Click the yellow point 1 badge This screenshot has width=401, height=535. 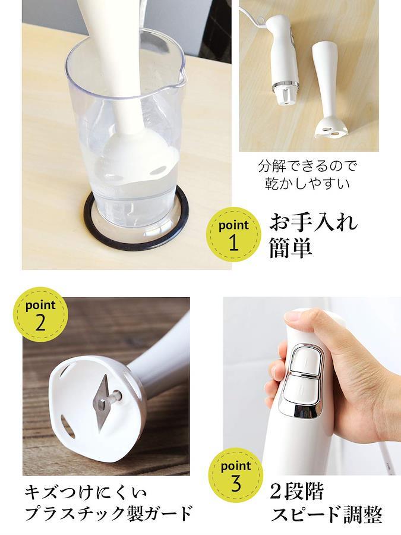234,235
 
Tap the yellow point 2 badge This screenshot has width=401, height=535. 40,314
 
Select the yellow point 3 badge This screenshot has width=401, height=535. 236,475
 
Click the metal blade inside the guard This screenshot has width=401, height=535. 103,402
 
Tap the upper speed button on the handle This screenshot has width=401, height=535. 307,361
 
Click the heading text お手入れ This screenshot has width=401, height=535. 314,222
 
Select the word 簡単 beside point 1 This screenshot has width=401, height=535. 291,247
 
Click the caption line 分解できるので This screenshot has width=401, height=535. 308,166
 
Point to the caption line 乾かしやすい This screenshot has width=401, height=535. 308,183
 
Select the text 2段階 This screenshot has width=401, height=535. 296,492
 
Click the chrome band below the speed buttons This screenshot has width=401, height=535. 301,408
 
